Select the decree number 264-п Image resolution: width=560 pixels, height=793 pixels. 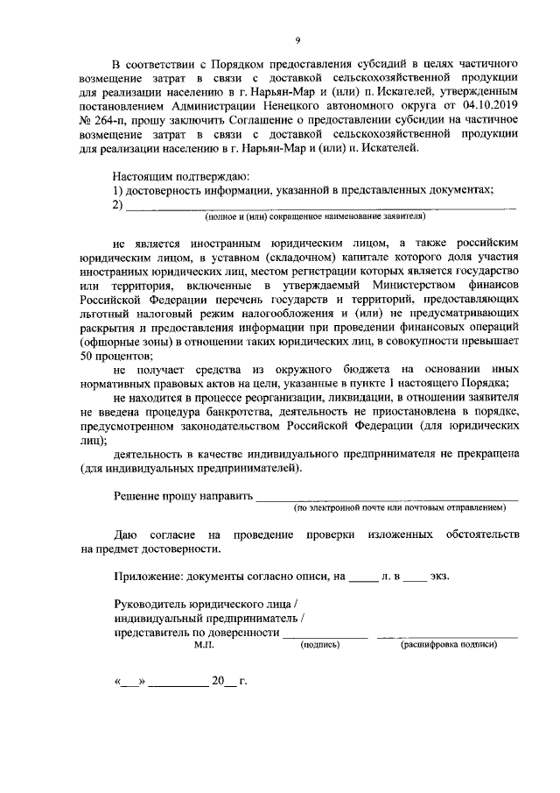(x=109, y=120)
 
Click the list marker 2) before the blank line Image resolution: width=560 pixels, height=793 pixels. (x=120, y=205)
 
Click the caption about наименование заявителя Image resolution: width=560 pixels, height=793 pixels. (x=315, y=216)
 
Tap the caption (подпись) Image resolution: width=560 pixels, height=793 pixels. (x=320, y=644)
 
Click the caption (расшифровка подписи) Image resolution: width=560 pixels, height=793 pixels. (x=448, y=644)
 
